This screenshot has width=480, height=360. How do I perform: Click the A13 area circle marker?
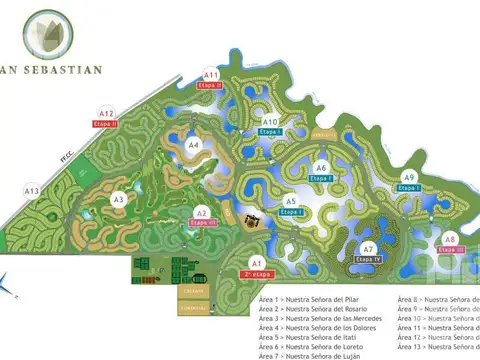coord(32,191)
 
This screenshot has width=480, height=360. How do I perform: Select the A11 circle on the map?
coord(211,75)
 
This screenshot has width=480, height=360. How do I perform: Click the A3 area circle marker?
coord(118,199)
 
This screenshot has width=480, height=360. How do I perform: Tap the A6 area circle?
coord(321,167)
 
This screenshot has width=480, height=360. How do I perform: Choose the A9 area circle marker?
coord(409,177)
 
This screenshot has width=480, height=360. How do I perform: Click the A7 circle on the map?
coord(368,249)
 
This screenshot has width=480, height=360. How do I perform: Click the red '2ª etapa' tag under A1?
coord(256,273)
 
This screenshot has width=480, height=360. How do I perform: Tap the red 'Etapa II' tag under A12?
coord(105,124)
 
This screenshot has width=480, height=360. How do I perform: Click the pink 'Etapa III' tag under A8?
coord(450,250)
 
